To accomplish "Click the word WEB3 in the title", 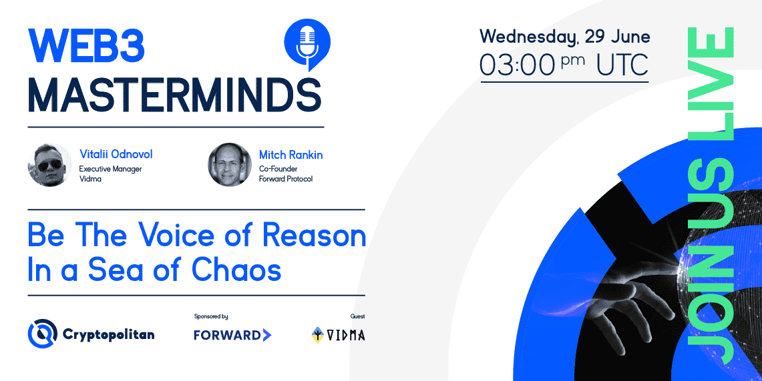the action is coord(87,45).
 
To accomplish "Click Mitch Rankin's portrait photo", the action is coord(230,165).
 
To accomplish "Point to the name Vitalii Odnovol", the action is coord(116,155).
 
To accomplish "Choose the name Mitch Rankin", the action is coord(291,155).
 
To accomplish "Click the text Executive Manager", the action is coord(110,169).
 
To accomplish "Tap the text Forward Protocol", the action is coord(286,179).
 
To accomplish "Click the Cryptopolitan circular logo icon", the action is coord(42,334).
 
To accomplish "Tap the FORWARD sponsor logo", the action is coord(232,335).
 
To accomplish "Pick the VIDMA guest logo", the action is coord(338,335).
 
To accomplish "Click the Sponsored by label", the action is coord(211,316).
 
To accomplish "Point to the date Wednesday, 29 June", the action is coord(565,37).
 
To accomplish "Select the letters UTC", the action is coord(622,65).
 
